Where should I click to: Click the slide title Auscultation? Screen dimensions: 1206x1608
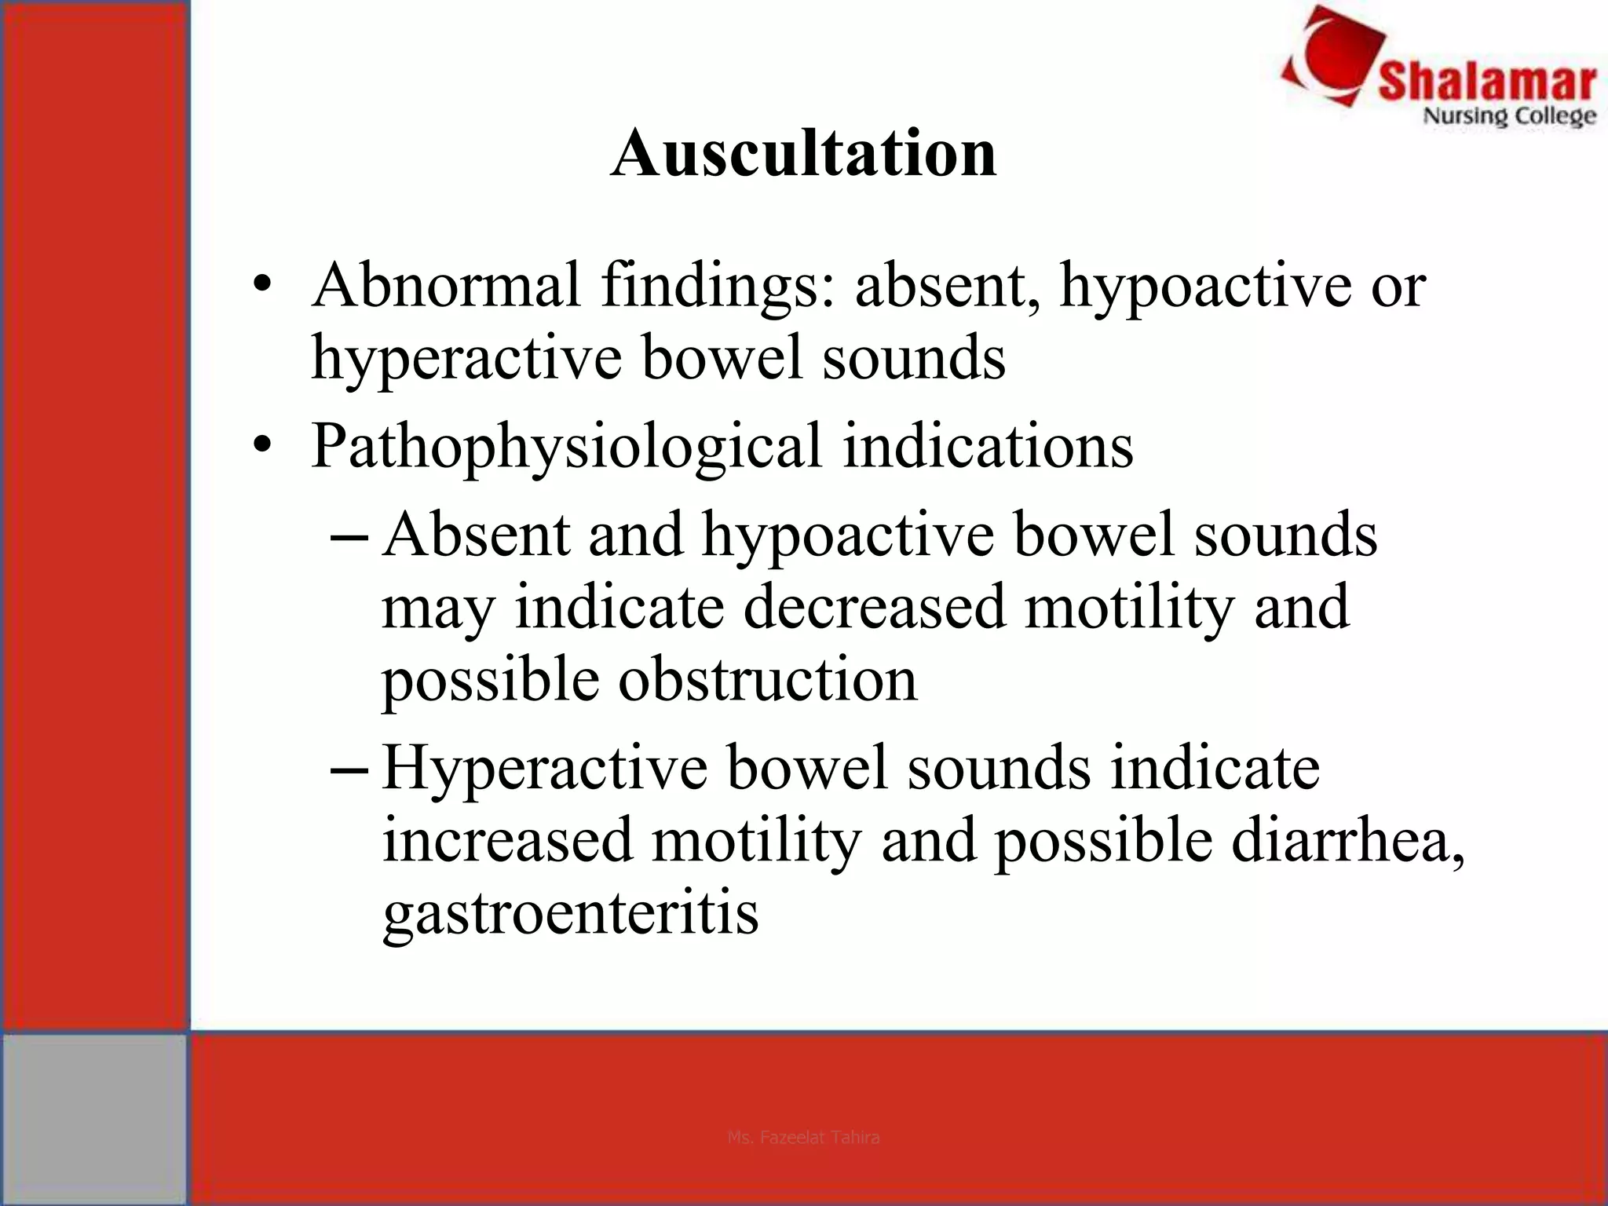click(x=803, y=153)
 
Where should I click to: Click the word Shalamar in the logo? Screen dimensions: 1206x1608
click(x=1486, y=82)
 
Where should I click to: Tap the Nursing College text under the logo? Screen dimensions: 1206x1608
click(x=1509, y=117)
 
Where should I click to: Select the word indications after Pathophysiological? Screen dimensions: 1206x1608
click(x=988, y=445)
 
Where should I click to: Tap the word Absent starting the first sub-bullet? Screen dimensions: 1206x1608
click(x=476, y=534)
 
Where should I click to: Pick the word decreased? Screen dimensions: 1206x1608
click(x=874, y=606)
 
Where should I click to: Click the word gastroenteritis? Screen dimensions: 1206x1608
click(x=570, y=915)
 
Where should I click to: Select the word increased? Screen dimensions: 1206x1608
click(x=507, y=840)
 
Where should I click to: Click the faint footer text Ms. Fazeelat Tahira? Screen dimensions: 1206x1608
click(x=803, y=1137)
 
